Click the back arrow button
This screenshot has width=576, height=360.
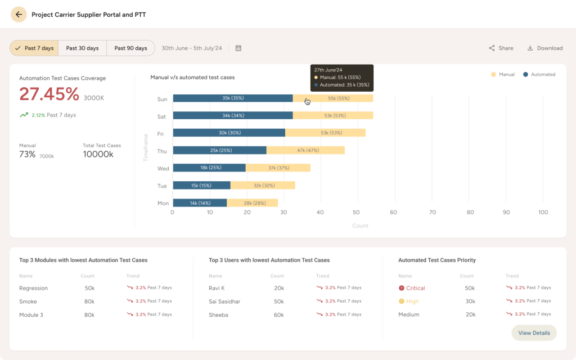pyautogui.click(x=19, y=15)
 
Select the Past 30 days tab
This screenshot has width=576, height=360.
pyautogui.click(x=82, y=48)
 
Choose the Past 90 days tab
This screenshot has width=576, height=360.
pyautogui.click(x=130, y=48)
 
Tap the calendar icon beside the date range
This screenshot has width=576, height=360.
pyautogui.click(x=238, y=48)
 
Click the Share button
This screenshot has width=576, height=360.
pyautogui.click(x=501, y=48)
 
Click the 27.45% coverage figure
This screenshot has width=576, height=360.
pyautogui.click(x=49, y=94)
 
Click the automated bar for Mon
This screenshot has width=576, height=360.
pyautogui.click(x=200, y=202)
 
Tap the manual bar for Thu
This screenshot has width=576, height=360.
pyautogui.click(x=305, y=150)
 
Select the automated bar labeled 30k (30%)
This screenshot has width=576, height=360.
pyautogui.click(x=229, y=133)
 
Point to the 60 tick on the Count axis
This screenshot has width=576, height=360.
pyautogui.click(x=393, y=212)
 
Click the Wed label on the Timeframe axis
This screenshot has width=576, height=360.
pyautogui.click(x=163, y=168)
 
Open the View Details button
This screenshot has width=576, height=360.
pyautogui.click(x=534, y=333)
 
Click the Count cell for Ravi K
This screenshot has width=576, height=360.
pyautogui.click(x=279, y=288)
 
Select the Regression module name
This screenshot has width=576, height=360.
pyautogui.click(x=33, y=288)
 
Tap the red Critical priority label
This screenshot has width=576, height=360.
pyautogui.click(x=415, y=288)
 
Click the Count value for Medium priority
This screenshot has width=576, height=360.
pyautogui.click(x=470, y=314)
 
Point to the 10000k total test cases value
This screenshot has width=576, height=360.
pyautogui.click(x=98, y=154)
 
